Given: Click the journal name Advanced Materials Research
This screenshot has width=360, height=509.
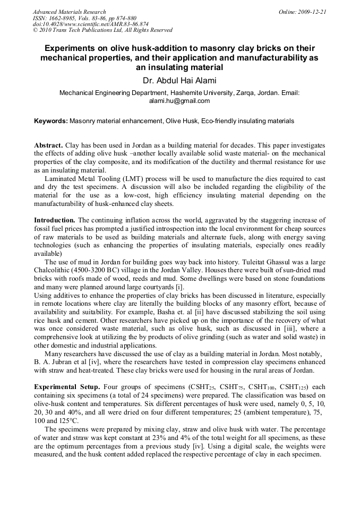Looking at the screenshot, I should coord(69,12).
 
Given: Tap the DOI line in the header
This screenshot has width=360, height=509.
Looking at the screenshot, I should coord(90,24).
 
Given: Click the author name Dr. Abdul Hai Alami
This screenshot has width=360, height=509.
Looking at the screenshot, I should coord(179,81).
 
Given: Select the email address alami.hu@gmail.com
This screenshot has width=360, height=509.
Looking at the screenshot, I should coord(179,101).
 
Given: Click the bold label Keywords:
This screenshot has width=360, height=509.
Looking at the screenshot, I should coord(51,121).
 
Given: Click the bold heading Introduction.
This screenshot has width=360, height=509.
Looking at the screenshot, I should coord(55,220).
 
